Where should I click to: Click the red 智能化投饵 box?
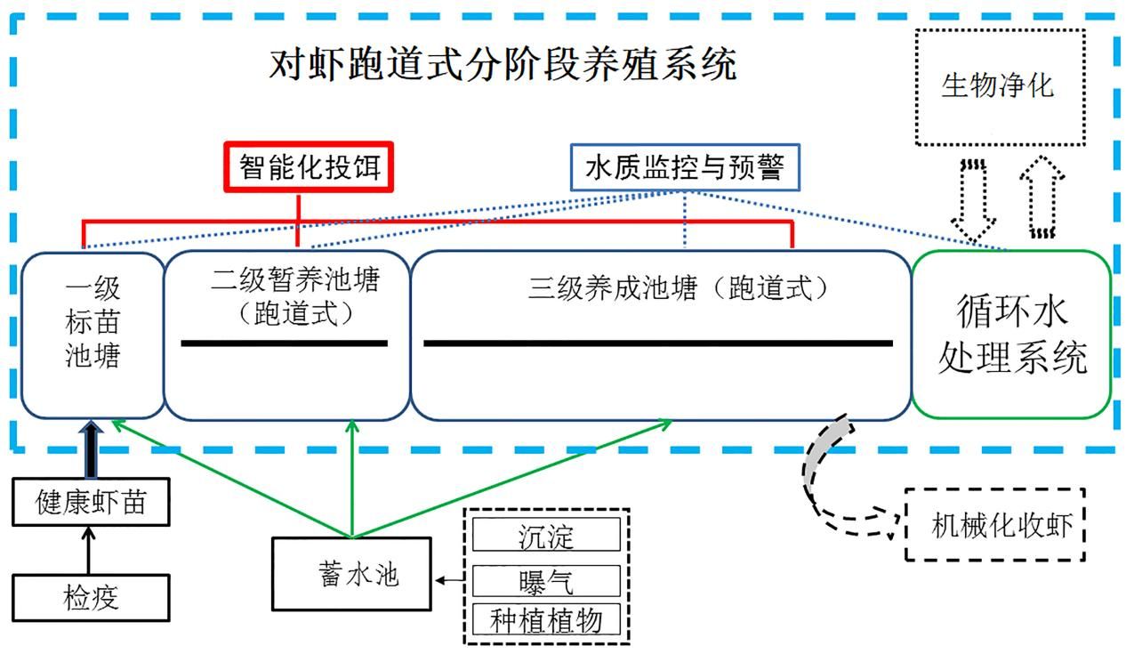(x=309, y=167)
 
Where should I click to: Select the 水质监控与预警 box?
(x=685, y=167)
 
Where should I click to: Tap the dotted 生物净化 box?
(x=1000, y=87)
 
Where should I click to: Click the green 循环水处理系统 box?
(x=1011, y=335)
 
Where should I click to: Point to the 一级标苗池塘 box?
(x=92, y=335)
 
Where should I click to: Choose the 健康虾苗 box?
(x=91, y=502)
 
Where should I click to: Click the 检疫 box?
(x=91, y=598)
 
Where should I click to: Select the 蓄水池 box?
(x=352, y=574)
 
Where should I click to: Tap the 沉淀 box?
(x=546, y=535)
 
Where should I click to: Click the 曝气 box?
(x=546, y=581)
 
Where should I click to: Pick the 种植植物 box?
(x=546, y=619)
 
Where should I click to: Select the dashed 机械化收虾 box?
(x=995, y=524)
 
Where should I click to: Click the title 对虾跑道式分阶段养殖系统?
(x=503, y=64)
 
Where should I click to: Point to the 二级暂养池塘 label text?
(x=295, y=279)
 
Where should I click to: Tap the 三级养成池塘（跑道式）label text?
(x=677, y=288)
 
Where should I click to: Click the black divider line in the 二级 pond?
(x=284, y=343)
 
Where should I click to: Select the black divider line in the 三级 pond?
(x=658, y=343)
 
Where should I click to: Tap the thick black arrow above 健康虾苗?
(x=91, y=448)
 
